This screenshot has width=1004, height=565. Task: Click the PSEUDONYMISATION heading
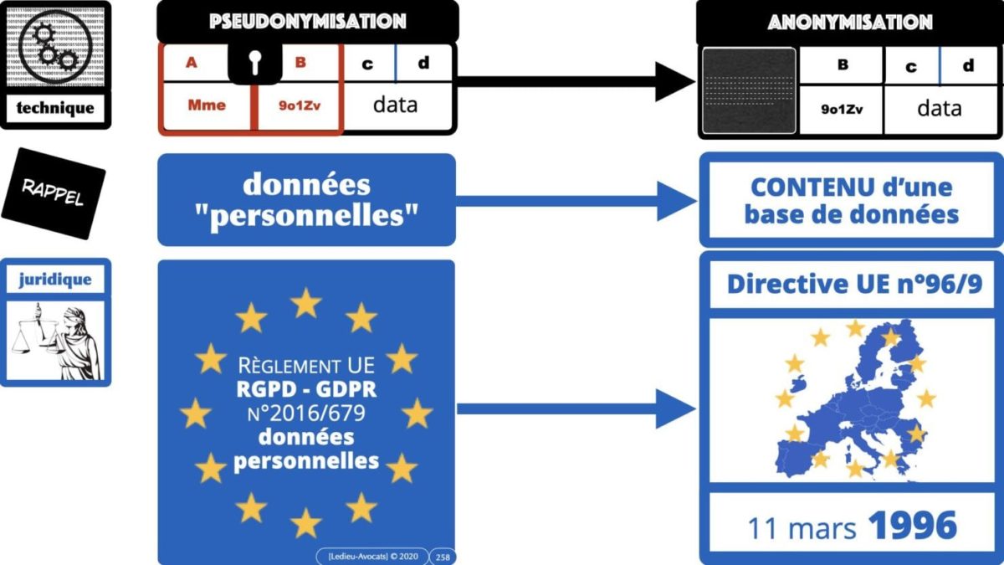point(307,21)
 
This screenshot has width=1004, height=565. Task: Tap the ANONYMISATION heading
point(850,23)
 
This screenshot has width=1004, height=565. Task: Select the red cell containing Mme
point(206,106)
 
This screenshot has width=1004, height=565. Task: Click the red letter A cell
point(192,63)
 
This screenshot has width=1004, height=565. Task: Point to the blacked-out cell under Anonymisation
point(748,90)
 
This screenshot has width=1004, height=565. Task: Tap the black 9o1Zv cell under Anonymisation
point(841,109)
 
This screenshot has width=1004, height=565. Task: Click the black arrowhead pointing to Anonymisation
point(674,82)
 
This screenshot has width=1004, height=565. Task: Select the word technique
point(56,108)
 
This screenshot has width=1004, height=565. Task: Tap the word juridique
point(55,280)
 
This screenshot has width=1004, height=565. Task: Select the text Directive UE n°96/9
point(853,285)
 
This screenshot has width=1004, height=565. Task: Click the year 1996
point(912,526)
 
